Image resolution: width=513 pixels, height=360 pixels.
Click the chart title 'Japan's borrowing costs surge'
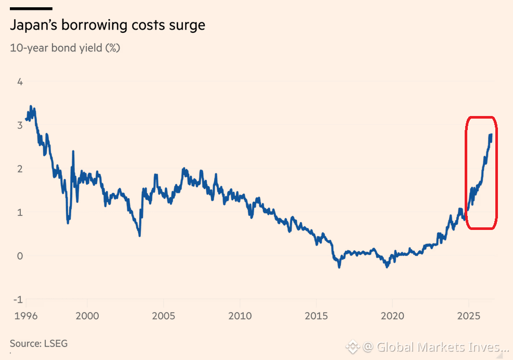(108, 25)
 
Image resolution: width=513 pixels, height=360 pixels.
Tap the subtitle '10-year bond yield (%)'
(65, 48)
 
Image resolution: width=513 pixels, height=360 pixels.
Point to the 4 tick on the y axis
(20, 82)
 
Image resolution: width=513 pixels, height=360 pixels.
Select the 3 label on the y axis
(20, 125)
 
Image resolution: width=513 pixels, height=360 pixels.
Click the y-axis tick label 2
(20, 169)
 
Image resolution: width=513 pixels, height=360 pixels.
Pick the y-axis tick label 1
(20, 212)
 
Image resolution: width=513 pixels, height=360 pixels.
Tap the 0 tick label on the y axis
(20, 256)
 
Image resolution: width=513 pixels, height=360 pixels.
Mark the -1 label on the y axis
(18, 300)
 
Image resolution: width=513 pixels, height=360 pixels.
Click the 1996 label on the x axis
(26, 316)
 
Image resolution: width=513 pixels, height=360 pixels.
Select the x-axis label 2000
(87, 316)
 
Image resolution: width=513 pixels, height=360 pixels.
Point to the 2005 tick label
(164, 316)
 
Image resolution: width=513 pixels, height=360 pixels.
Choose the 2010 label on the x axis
(240, 316)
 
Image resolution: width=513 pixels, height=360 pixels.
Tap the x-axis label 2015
(316, 316)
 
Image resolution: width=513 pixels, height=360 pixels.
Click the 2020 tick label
(392, 316)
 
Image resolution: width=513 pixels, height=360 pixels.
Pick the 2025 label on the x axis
(468, 316)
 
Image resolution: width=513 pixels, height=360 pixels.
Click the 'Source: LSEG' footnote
(38, 343)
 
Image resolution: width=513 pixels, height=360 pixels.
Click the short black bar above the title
(31, 8)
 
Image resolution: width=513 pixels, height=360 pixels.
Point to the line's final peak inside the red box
(491, 134)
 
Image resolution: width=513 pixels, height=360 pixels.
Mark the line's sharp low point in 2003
(140, 235)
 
